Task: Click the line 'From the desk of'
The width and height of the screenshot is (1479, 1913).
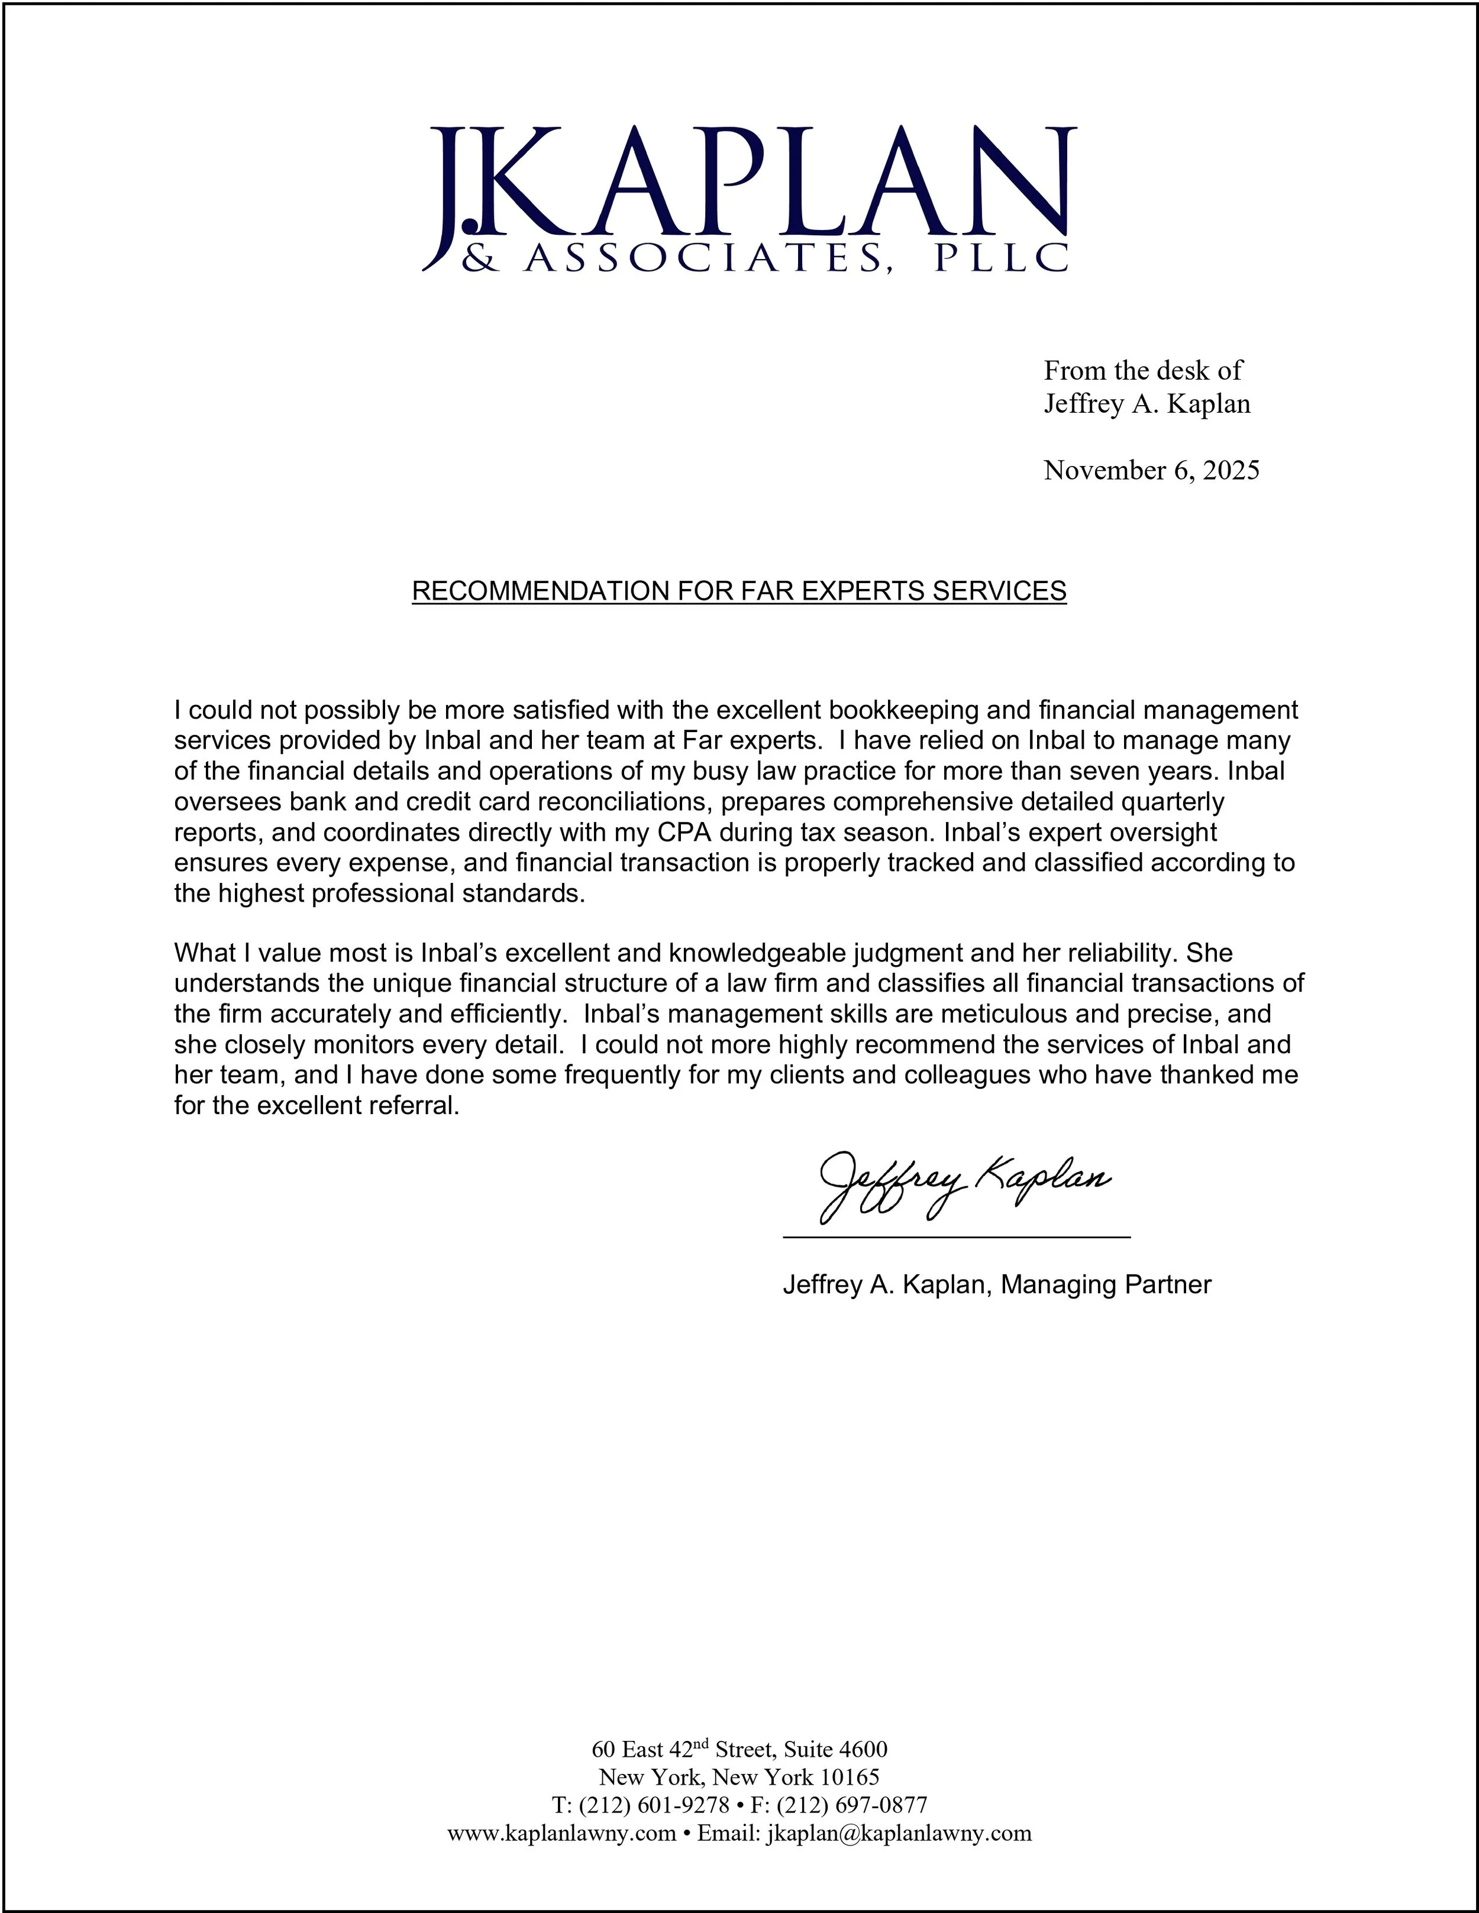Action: coord(1142,371)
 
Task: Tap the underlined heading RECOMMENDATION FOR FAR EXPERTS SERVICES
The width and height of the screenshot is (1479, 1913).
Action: coord(739,591)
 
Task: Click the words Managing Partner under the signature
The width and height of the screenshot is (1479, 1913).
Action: coord(1106,1285)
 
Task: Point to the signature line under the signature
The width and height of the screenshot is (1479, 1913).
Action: coord(955,1237)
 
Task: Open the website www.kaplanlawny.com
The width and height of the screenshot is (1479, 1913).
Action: coord(561,1833)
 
